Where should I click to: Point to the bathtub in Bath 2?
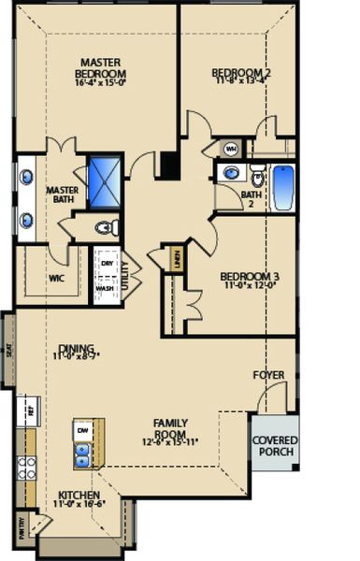pos(281,186)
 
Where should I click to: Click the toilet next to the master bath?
pos(106,226)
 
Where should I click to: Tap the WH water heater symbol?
pos(231,148)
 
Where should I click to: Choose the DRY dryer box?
pos(107,264)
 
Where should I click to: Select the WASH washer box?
pos(106,288)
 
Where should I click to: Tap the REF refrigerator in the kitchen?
pos(30,410)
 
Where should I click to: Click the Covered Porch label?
pos(274,446)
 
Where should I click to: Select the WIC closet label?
pos(57,277)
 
